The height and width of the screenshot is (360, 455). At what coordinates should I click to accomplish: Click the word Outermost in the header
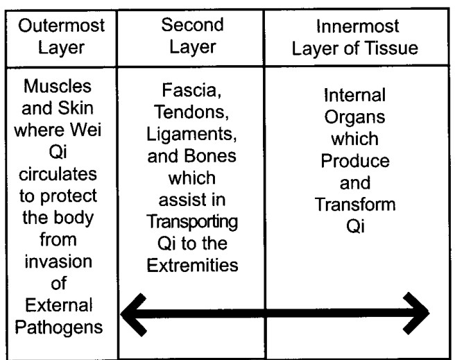click(61, 26)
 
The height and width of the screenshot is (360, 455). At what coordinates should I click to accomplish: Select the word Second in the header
click(192, 25)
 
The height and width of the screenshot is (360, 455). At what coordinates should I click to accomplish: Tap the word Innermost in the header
click(357, 26)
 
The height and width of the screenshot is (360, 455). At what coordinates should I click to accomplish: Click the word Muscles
click(58, 86)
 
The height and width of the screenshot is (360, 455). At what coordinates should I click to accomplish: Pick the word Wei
click(86, 130)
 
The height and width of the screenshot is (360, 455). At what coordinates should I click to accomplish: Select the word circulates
click(58, 174)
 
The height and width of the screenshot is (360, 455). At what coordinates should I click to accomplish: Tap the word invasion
click(58, 262)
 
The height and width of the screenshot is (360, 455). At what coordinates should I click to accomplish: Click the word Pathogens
click(59, 328)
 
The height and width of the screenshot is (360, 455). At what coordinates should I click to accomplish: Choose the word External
click(59, 305)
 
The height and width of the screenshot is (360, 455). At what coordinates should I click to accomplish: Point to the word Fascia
click(191, 90)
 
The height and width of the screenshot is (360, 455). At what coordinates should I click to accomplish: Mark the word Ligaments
click(191, 135)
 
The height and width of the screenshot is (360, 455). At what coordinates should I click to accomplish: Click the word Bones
click(209, 156)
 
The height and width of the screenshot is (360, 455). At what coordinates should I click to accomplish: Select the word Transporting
click(192, 222)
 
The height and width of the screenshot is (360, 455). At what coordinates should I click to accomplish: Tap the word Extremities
click(192, 265)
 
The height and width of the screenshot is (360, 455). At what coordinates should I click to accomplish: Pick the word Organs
click(354, 117)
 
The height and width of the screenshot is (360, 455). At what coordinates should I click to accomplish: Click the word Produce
click(355, 161)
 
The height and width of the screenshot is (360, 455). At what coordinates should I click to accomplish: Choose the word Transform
click(355, 204)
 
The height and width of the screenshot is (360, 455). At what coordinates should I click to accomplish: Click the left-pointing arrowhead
click(133, 315)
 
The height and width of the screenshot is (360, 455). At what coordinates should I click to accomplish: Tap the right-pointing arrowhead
click(417, 314)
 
